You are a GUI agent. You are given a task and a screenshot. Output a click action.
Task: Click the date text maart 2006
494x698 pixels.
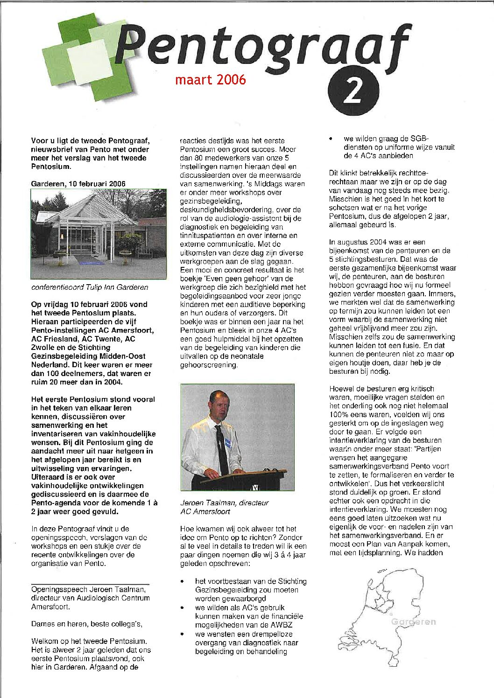click(x=210, y=80)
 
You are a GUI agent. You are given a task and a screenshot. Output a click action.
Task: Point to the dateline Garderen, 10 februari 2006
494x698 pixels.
click(x=78, y=184)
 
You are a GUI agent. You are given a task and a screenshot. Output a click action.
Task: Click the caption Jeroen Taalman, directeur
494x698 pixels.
click(x=224, y=503)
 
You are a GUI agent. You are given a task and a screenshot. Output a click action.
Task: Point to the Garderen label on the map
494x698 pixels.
click(x=412, y=621)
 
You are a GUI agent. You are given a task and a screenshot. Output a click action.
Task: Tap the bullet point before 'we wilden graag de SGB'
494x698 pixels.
click(x=331, y=139)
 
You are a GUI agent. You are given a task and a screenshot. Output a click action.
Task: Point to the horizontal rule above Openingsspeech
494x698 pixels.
click(x=90, y=584)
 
